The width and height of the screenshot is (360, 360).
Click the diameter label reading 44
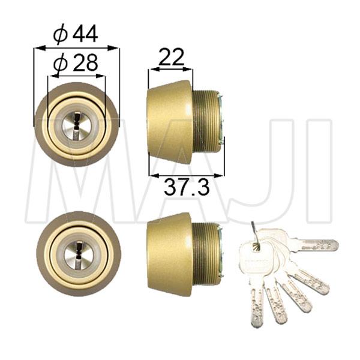coord(85,34)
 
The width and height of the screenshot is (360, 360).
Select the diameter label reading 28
coord(84,62)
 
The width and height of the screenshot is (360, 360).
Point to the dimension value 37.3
coord(186,188)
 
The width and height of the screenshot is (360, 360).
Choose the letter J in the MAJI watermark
coord(264,174)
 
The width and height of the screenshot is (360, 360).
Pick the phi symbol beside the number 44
coord(59,35)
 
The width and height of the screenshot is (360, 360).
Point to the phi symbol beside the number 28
coord(59,63)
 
